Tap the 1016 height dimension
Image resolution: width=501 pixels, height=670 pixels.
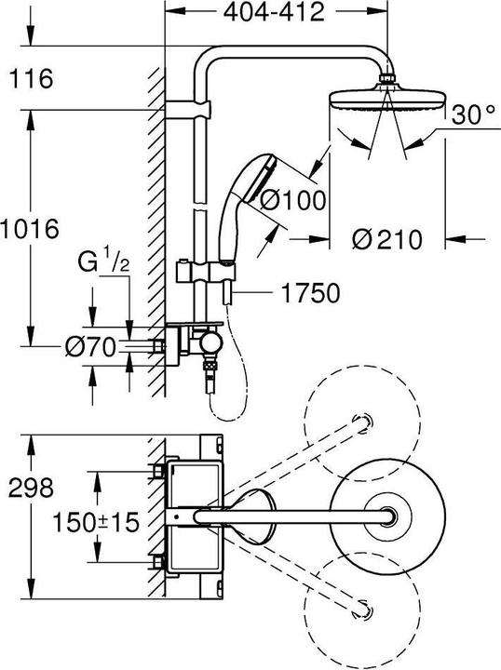coord(31,228)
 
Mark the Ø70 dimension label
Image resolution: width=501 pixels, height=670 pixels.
coord(89,348)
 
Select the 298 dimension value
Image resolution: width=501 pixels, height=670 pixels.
coord(31,487)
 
